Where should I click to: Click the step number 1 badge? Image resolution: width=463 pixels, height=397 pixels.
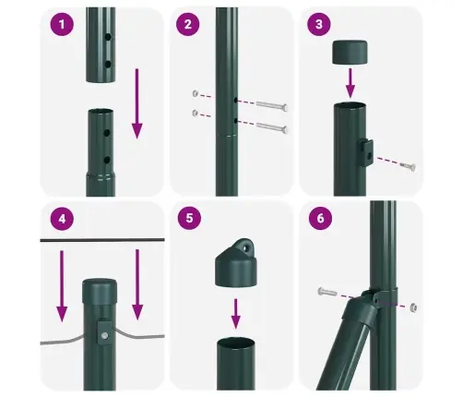tap(62, 25)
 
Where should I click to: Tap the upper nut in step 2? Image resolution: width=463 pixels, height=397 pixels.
tap(195, 94)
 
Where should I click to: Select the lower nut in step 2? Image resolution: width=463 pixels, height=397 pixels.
tap(195, 113)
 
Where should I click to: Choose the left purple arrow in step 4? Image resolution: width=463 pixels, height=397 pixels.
tap(62, 282)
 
